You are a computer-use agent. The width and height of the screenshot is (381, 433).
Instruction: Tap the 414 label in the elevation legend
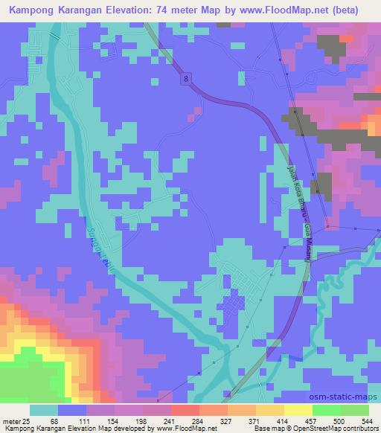point(282,422)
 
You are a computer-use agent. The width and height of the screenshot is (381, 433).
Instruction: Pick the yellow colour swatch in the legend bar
point(298,410)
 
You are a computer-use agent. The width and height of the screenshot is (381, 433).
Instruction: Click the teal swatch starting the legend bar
point(43,410)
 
